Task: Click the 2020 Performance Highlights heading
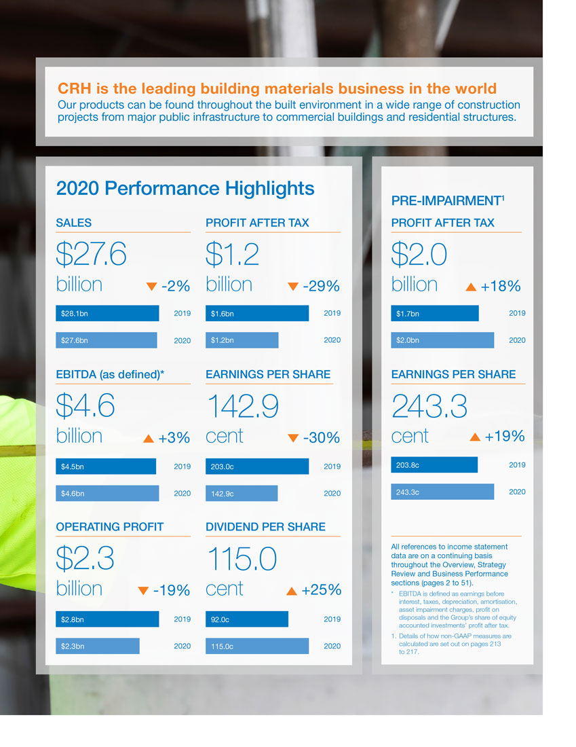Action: pyautogui.click(x=185, y=188)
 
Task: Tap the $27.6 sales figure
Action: pyautogui.click(x=92, y=255)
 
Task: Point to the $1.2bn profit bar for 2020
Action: pyautogui.click(x=242, y=340)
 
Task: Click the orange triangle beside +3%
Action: pyautogui.click(x=149, y=439)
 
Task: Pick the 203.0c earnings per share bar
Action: pyautogui.click(x=257, y=467)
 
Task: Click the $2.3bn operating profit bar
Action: pyautogui.click(x=98, y=646)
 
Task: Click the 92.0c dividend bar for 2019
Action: pyautogui.click(x=247, y=619)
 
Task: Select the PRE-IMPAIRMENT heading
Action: pyautogui.click(x=448, y=201)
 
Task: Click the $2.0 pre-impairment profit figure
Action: pyautogui.click(x=419, y=255)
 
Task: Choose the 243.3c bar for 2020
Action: pyautogui.click(x=442, y=492)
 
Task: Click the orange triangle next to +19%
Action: pyautogui.click(x=475, y=437)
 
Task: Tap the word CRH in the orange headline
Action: pyautogui.click(x=74, y=89)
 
